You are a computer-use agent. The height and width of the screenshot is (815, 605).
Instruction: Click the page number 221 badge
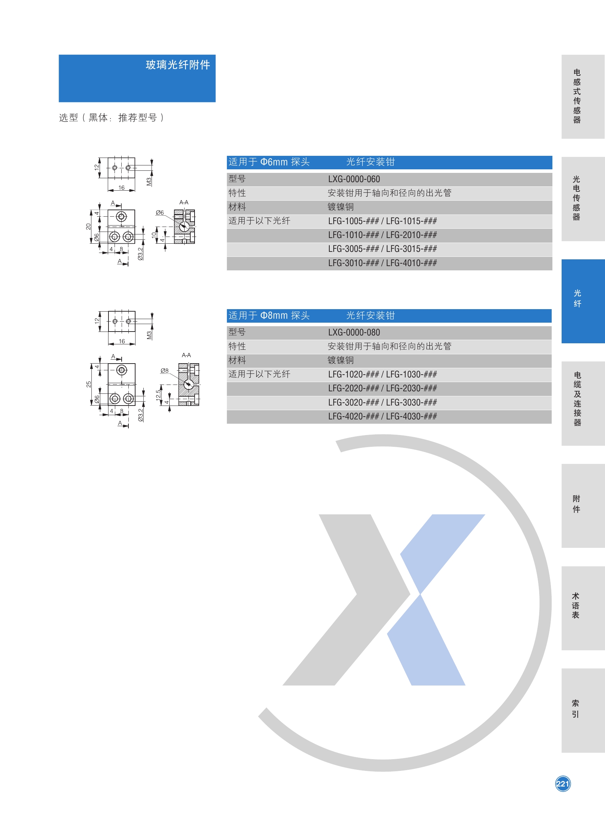563,783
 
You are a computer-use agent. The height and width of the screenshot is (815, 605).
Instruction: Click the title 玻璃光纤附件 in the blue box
177,65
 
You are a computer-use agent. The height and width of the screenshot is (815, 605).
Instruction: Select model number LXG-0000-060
354,179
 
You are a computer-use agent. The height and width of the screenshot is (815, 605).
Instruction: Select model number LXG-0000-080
354,332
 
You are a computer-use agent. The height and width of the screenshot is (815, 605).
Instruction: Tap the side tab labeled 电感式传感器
577,96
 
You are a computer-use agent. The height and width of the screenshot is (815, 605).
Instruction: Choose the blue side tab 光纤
577,298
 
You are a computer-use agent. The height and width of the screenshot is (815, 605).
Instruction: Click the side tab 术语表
576,605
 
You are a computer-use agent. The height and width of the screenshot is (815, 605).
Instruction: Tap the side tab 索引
576,708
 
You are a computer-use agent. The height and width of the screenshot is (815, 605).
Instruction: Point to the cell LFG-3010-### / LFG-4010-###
382,263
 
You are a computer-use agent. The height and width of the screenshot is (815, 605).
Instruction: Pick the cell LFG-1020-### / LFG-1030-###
382,374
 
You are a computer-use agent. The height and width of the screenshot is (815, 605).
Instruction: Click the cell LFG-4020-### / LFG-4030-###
382,416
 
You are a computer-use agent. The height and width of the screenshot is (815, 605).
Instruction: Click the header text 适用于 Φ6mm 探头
269,162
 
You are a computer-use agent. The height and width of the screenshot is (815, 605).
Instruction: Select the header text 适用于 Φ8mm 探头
269,316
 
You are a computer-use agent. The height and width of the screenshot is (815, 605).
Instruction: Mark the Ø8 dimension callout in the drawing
164,370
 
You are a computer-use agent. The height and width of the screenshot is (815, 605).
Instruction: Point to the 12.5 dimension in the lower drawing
158,395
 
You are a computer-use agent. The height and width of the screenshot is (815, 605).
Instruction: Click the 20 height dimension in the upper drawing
88,226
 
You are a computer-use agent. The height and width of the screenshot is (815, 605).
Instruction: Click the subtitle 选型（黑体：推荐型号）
111,118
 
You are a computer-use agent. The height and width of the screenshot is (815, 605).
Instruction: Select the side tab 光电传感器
577,198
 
